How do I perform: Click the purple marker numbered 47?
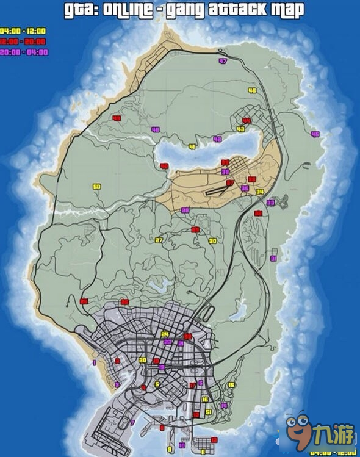223,62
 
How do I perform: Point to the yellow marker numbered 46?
252,90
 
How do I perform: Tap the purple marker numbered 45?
315,134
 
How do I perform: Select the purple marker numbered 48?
156,129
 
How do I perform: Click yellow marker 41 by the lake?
192,147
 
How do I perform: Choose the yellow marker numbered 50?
96,187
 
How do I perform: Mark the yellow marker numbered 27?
159,240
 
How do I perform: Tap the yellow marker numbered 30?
212,241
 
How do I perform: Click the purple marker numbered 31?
274,259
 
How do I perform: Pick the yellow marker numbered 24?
165,334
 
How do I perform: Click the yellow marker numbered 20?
143,361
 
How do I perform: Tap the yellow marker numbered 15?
231,385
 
